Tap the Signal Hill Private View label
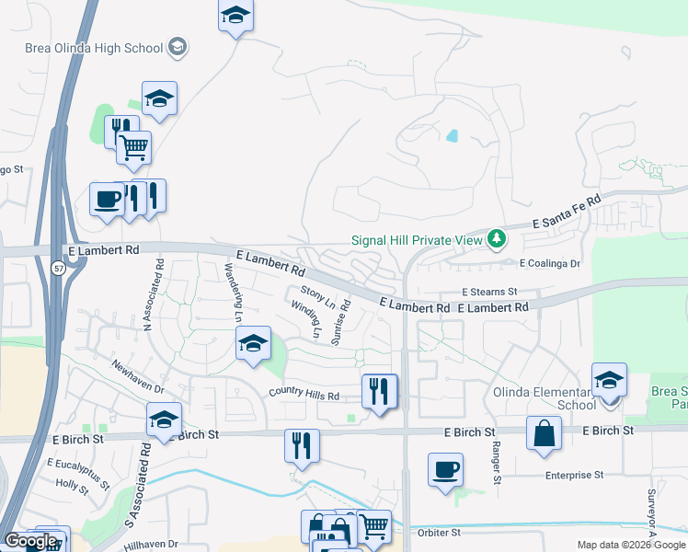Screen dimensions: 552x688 pos(417,240)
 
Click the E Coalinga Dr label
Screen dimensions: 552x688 pos(552,263)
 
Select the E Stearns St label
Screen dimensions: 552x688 pos(490,292)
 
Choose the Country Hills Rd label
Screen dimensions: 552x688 pos(304,394)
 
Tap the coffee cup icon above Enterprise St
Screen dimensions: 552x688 pos(445,469)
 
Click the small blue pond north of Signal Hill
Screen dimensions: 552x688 pos(451,136)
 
